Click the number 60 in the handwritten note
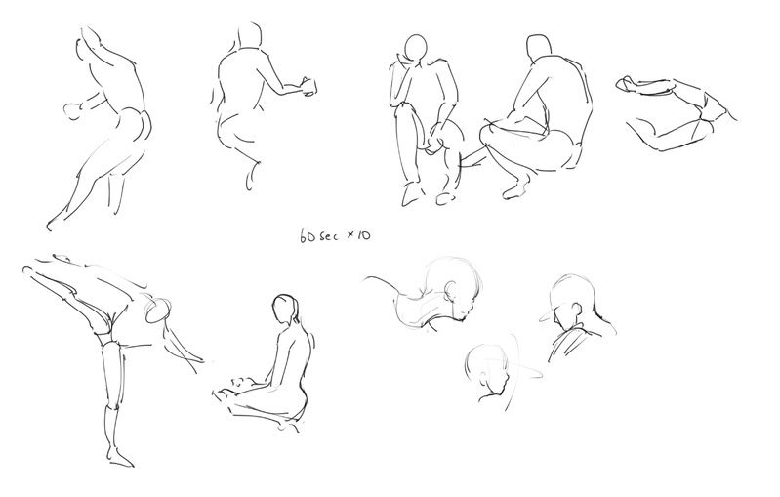[308, 236]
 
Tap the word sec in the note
[328, 236]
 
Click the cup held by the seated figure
[309, 87]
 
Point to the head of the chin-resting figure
[415, 49]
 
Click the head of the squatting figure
[539, 47]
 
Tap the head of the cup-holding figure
[250, 35]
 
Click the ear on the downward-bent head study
[452, 291]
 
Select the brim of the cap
[547, 314]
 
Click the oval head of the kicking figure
[158, 310]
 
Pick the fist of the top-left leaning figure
[72, 111]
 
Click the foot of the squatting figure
[516, 189]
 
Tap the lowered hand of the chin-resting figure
[435, 141]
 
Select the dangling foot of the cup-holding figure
[252, 177]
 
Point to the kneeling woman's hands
[236, 386]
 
